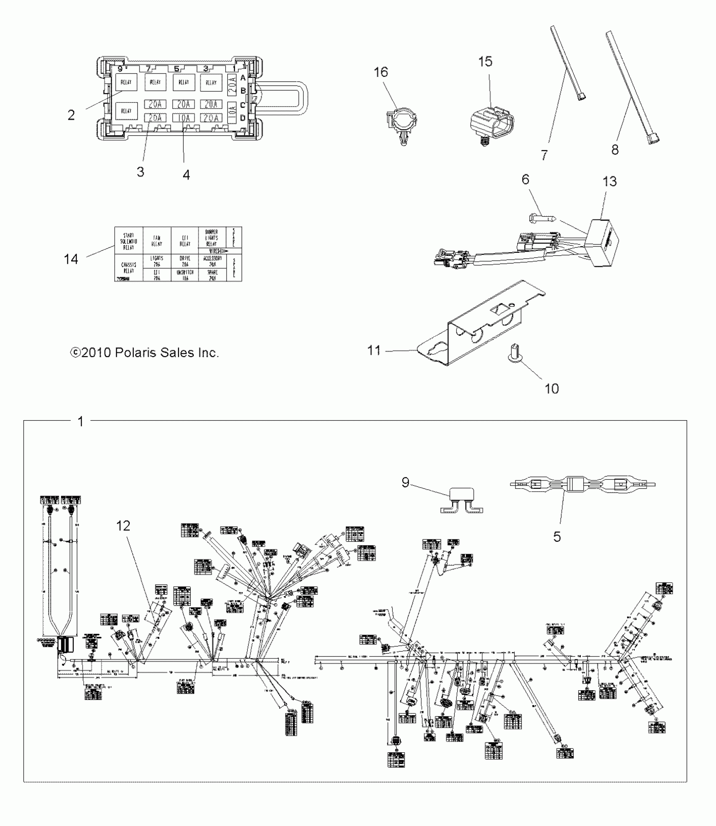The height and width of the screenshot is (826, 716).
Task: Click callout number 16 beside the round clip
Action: click(x=381, y=72)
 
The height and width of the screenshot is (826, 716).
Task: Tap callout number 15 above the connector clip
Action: click(x=485, y=62)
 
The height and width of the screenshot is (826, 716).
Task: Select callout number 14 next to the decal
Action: click(x=71, y=259)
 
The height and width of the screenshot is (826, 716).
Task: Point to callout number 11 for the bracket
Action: click(x=374, y=350)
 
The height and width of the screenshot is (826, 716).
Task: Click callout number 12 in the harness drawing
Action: click(x=123, y=526)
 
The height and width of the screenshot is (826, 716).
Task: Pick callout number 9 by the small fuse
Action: click(x=405, y=482)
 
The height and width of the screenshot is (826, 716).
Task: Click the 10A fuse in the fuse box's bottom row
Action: click(x=184, y=118)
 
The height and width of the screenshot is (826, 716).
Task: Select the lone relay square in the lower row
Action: click(x=126, y=111)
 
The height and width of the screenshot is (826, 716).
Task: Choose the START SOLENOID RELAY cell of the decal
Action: click(x=129, y=241)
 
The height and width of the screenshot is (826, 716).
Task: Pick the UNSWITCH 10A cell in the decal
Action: click(x=185, y=275)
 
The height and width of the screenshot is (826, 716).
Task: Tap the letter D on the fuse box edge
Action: click(x=243, y=118)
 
